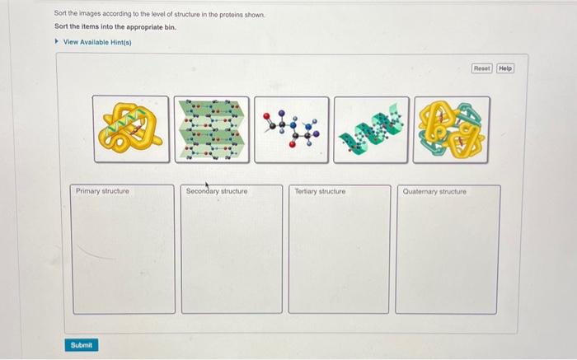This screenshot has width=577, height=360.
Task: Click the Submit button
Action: click(x=82, y=344)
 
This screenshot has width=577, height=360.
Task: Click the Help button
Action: click(x=504, y=68)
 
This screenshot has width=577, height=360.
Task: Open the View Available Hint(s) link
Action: click(x=97, y=42)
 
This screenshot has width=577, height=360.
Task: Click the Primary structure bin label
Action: click(x=102, y=191)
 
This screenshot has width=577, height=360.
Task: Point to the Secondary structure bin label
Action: click(x=216, y=191)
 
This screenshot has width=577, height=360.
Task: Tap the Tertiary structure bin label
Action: click(x=320, y=191)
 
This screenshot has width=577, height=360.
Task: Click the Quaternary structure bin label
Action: click(x=434, y=191)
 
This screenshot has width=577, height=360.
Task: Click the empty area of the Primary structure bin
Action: click(x=124, y=255)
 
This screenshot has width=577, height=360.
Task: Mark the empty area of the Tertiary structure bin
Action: click(x=338, y=255)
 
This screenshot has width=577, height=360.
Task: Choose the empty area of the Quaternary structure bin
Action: click(x=447, y=255)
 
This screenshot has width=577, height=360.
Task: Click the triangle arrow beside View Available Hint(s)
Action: click(x=57, y=42)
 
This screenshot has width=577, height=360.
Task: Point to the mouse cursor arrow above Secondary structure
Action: click(x=207, y=185)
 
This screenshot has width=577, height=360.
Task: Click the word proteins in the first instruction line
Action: click(x=236, y=14)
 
